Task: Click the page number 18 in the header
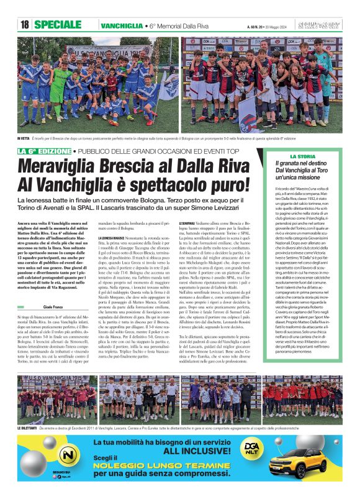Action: (25, 25)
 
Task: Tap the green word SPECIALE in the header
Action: (58, 25)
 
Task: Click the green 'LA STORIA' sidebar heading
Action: (311, 156)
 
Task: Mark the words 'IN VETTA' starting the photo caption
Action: (24, 137)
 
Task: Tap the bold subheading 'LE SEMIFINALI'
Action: (187, 222)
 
